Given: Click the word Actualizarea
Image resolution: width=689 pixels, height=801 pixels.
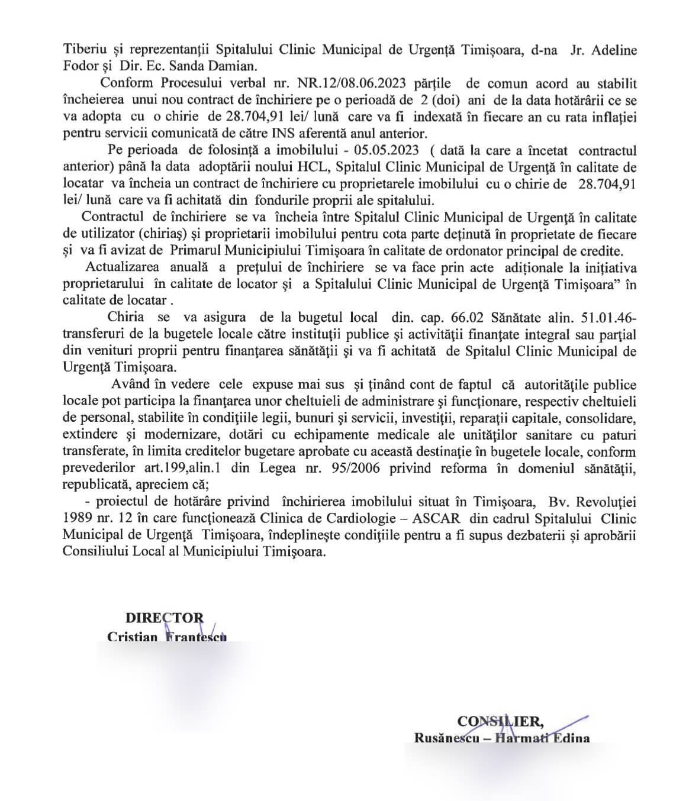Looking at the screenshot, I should [122, 268].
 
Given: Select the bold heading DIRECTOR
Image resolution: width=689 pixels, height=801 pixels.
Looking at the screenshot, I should [164, 618].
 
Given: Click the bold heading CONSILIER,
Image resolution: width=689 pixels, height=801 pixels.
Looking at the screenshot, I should [500, 721].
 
